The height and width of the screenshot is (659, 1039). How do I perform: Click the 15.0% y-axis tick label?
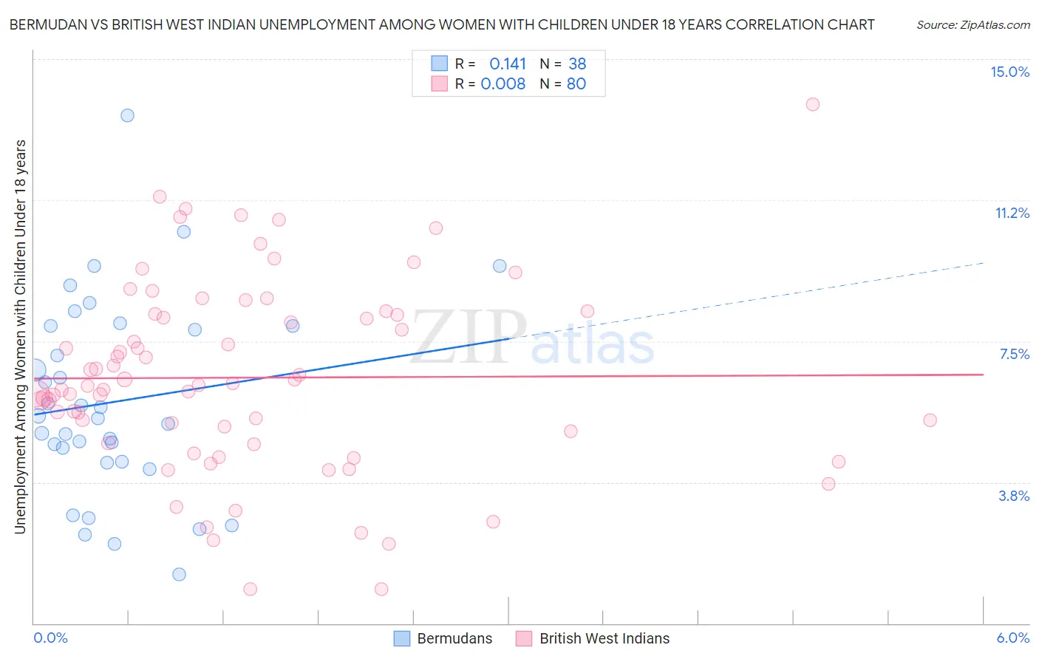1009,72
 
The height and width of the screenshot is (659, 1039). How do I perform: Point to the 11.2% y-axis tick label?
1012,213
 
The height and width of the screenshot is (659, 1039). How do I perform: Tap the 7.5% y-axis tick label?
1014,354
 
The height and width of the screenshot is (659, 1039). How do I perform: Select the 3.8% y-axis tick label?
1014,496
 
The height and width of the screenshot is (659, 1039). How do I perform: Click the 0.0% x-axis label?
50,638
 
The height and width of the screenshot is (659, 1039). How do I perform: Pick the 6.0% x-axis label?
1012,638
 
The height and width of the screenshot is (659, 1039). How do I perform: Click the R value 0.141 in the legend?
508,64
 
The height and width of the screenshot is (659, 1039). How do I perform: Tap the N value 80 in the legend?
576,83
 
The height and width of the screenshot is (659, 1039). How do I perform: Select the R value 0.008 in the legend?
503,83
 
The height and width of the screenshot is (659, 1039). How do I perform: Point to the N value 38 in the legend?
577,64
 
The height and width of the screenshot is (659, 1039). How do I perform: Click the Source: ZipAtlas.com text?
972,24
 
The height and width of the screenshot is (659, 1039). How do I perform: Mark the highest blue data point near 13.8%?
127,115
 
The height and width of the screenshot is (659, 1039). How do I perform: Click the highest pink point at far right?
813,104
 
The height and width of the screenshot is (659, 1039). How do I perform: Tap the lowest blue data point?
179,574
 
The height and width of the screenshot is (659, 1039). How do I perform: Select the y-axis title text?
20,336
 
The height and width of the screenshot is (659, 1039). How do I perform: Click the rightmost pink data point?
930,420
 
